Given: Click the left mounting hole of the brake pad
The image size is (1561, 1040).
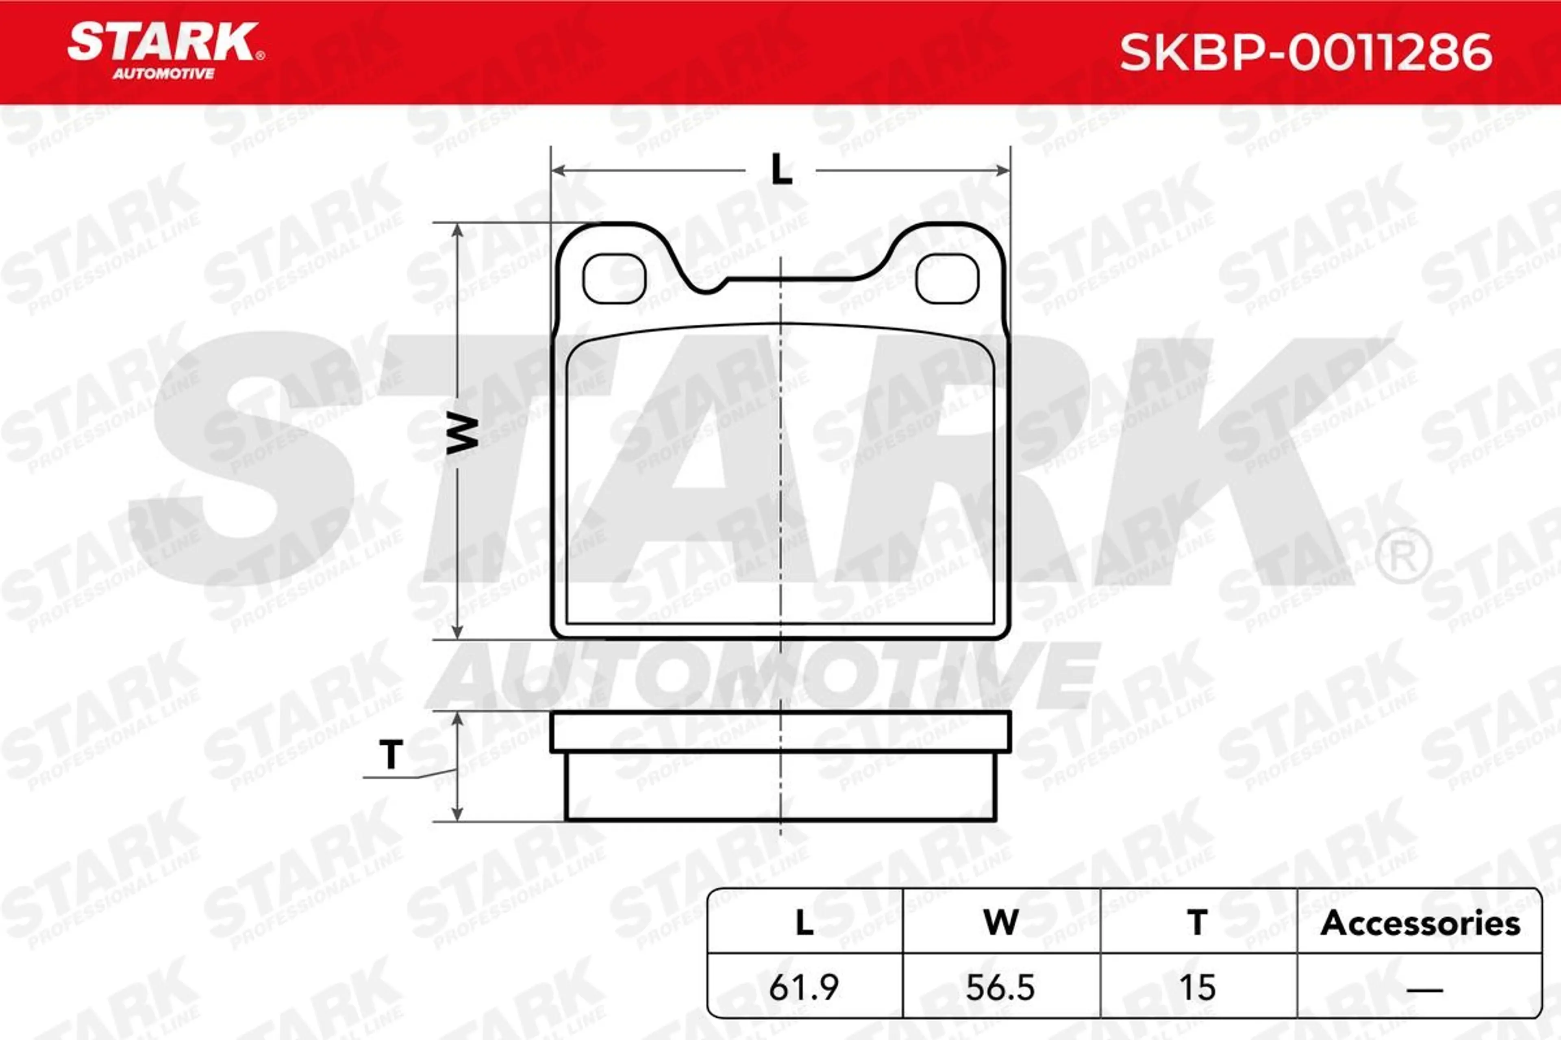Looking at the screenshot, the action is [x=614, y=279].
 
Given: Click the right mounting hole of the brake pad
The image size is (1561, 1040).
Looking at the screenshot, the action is [x=947, y=279].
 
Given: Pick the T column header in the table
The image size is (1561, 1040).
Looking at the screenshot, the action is [x=1197, y=923].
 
